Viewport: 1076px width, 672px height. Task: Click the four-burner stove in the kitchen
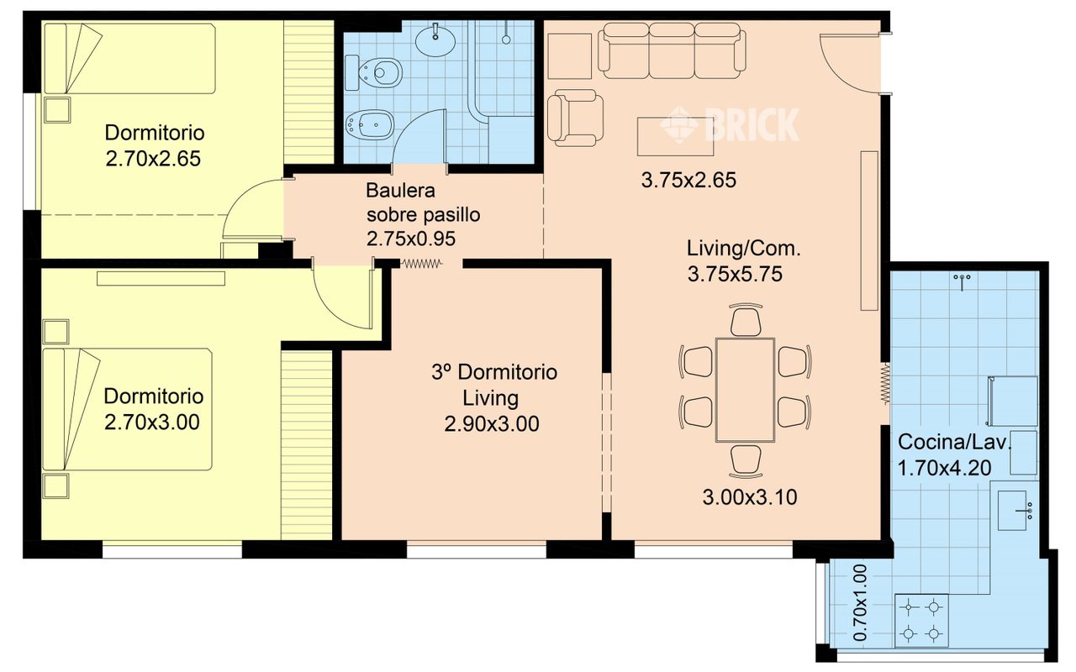point(921,620)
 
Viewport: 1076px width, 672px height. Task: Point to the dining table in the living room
point(745,390)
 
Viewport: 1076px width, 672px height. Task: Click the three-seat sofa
point(672,50)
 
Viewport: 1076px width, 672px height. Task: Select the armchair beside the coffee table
point(576,118)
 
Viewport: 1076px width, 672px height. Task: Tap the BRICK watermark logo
point(730,124)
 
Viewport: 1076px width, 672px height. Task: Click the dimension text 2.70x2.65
point(153,159)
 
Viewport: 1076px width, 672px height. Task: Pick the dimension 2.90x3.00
point(492,424)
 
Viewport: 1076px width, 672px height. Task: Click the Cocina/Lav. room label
point(954,442)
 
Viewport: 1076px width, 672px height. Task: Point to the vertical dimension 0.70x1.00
point(861,602)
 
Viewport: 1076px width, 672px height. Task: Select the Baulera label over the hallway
point(401,191)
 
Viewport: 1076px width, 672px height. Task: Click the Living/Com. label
point(744,249)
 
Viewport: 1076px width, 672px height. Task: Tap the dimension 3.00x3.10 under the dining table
point(750,497)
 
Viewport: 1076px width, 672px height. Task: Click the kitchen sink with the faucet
point(1014,511)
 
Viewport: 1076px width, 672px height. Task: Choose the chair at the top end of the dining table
point(746,319)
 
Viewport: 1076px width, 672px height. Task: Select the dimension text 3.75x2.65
point(688,180)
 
